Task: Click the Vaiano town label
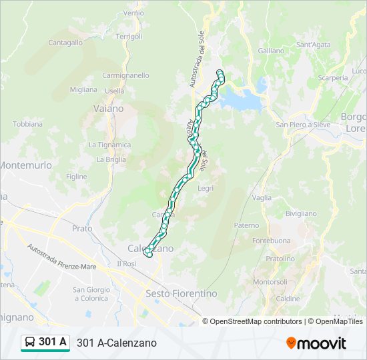pos(109,108)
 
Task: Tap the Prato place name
pos(82,228)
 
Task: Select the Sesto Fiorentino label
pos(181,293)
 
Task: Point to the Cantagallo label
pos(65,42)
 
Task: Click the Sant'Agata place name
pos(313,45)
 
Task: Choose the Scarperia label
pos(333,77)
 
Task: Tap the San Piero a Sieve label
pos(303,124)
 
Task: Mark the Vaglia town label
pos(262,197)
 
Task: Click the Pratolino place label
pos(280,258)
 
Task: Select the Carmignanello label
pos(125,75)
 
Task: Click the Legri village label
pos(206,188)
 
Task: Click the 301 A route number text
pos(53,342)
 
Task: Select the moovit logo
pos(316,343)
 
